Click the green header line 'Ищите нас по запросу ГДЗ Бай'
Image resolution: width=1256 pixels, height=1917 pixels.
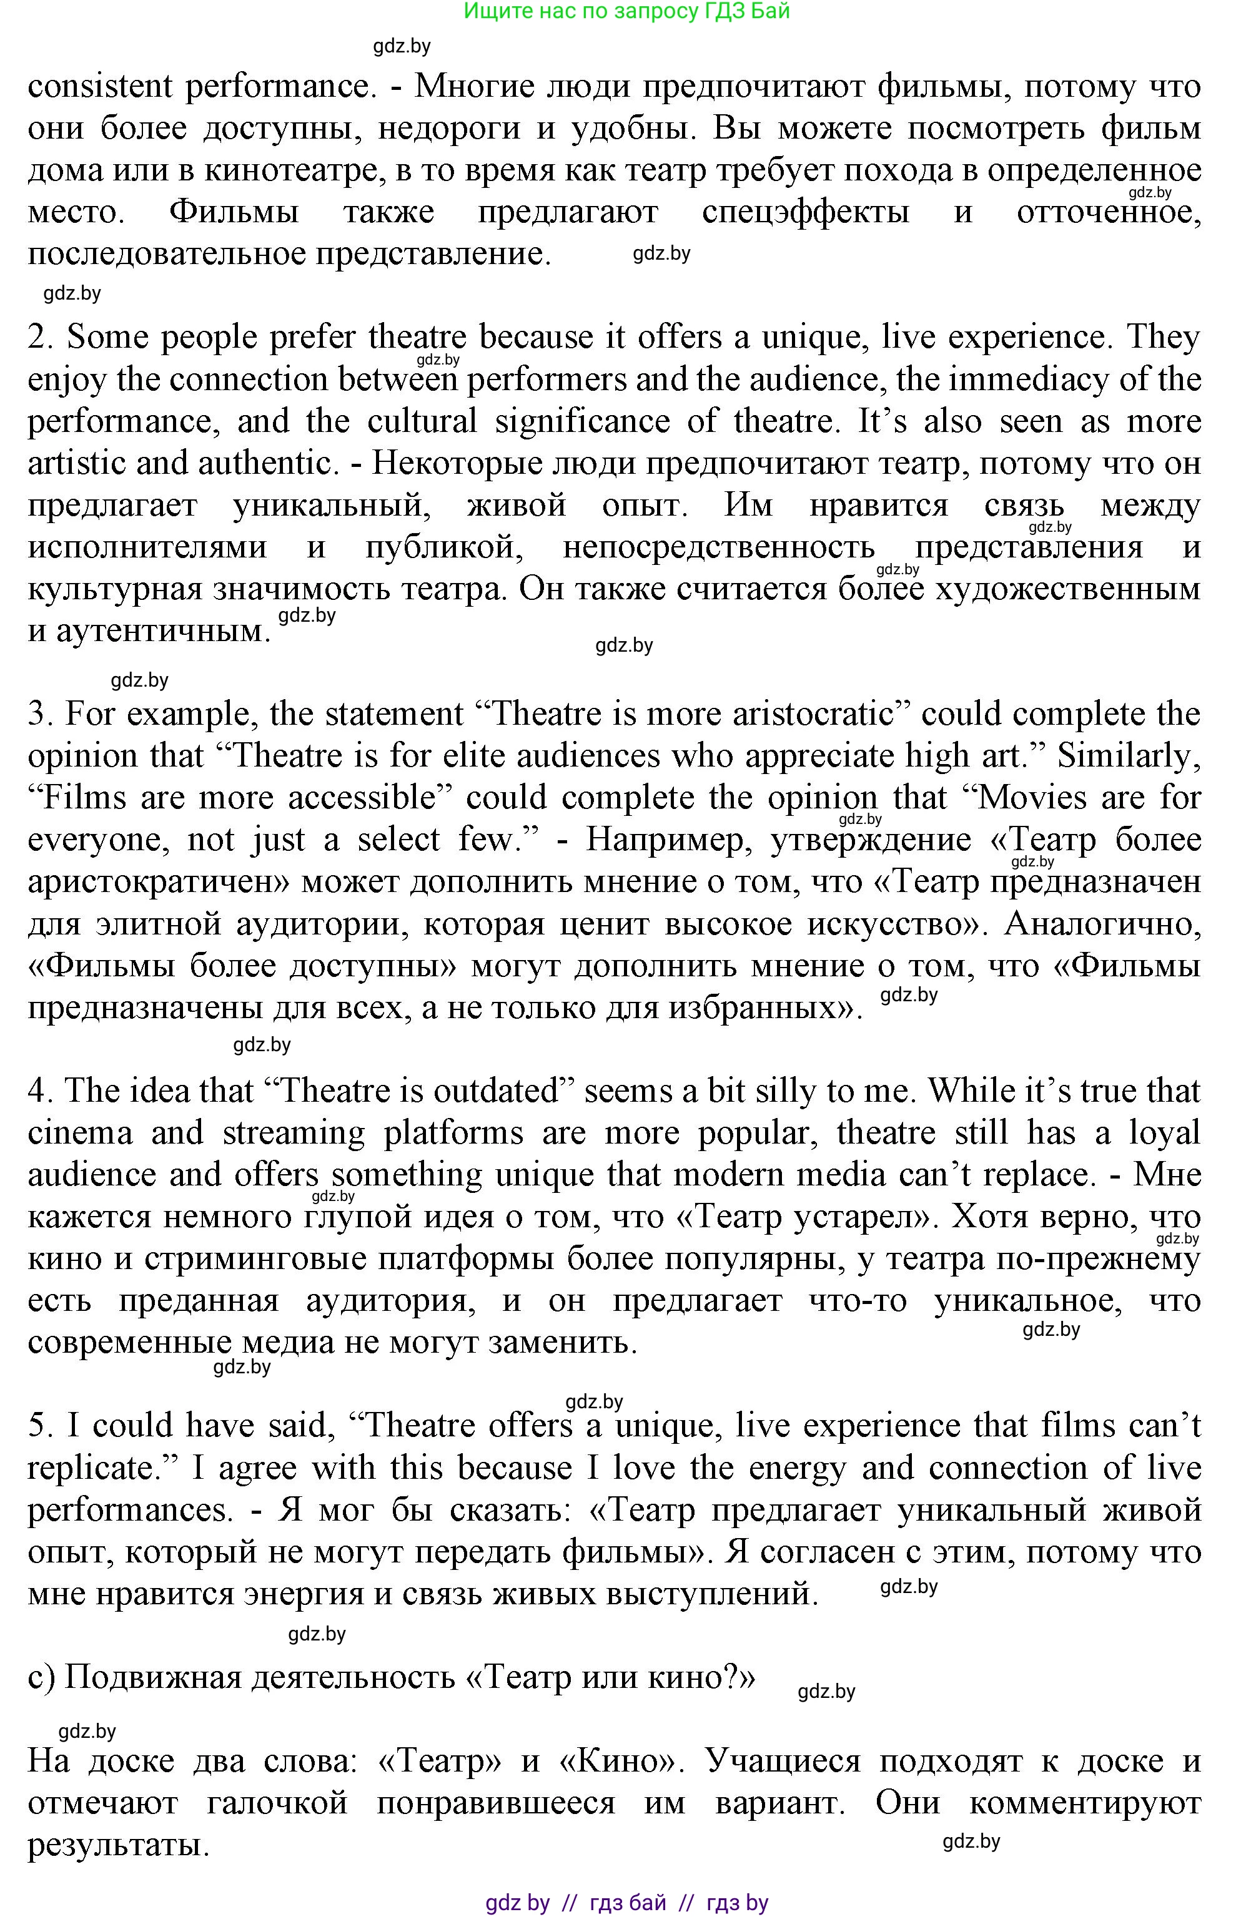[627, 11]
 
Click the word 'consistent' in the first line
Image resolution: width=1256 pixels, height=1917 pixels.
[100, 87]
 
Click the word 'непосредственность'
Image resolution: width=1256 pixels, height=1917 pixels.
[719, 547]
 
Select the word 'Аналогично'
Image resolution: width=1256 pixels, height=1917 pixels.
[1103, 924]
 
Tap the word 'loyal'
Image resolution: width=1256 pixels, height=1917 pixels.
[1165, 1134]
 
